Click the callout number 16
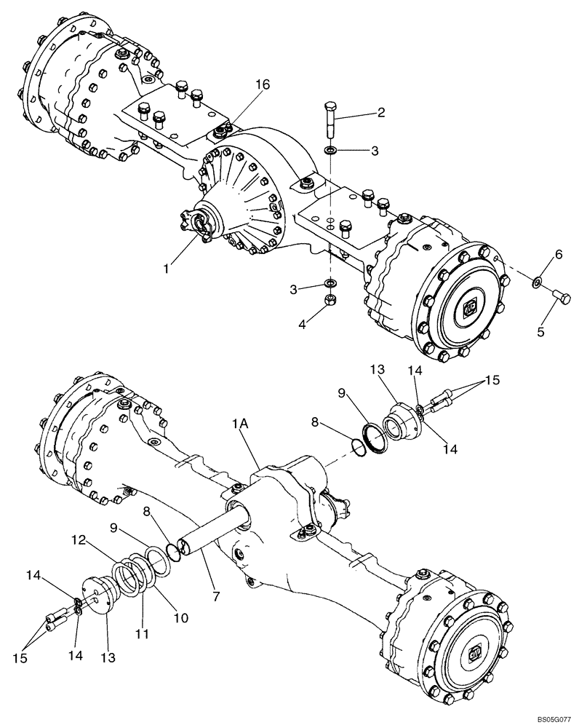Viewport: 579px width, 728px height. coord(262,85)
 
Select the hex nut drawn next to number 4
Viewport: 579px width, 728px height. coord(330,300)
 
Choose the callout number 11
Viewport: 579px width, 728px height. coord(142,633)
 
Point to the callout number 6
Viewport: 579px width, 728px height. coord(558,254)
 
